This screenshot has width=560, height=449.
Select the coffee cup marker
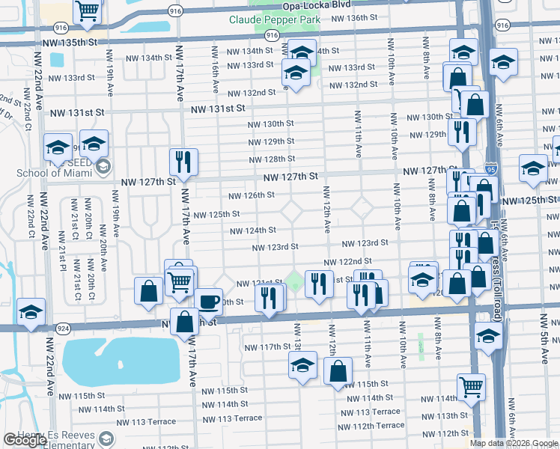click(x=208, y=302)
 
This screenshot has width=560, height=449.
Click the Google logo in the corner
click(x=25, y=440)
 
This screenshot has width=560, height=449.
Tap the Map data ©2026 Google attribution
click(x=513, y=443)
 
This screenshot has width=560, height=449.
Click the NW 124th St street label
click(x=253, y=230)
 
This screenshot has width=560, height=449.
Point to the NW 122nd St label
click(x=348, y=261)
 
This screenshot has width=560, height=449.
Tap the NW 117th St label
click(x=267, y=346)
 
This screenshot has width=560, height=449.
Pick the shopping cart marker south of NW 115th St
click(x=472, y=387)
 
